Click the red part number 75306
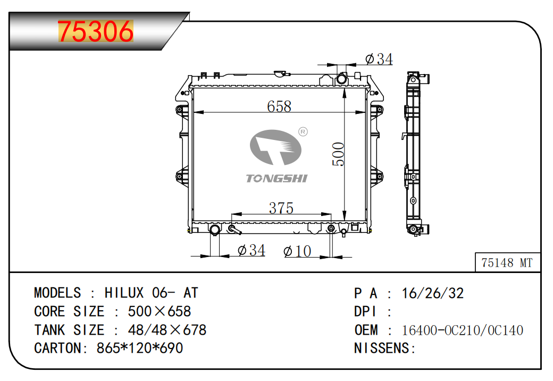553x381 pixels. pos(96,31)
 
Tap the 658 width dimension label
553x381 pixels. pos(279,106)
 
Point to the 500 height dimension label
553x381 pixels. pos(338,154)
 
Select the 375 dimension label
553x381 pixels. pos(281,208)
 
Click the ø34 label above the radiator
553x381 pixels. pos(379,59)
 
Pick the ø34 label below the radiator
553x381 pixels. pos(252,250)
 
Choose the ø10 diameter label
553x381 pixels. pos(297,251)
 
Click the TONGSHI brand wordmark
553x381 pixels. pos(277,178)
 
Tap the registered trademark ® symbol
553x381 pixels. pos(303,131)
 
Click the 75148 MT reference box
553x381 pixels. pos(507,262)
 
